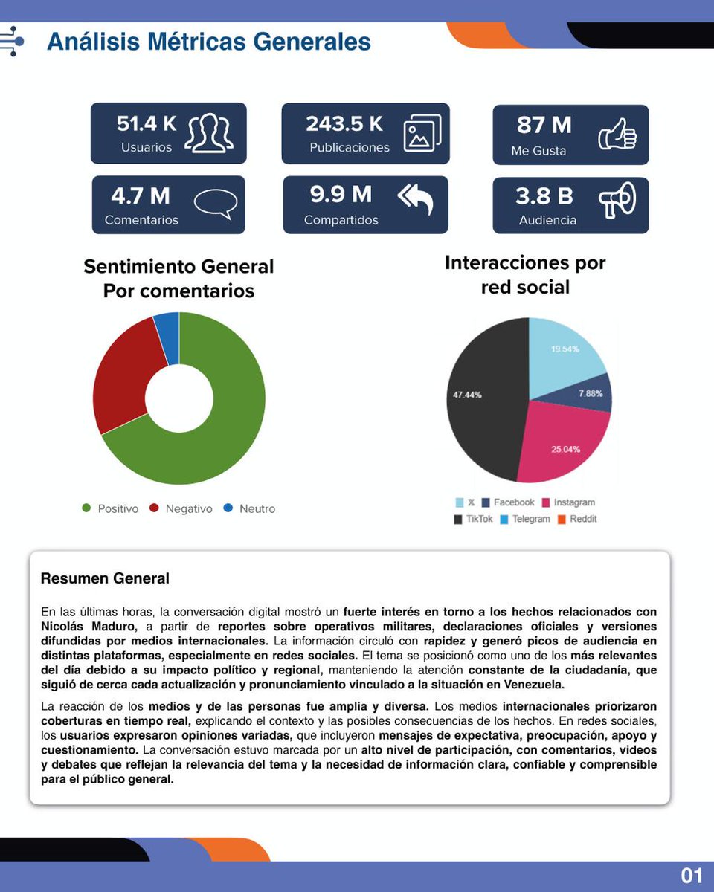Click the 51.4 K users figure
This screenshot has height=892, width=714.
click(x=147, y=123)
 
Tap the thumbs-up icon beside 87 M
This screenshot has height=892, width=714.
click(x=617, y=135)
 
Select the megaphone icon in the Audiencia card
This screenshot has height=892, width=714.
click(x=617, y=201)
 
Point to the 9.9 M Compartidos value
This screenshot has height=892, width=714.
click(x=341, y=195)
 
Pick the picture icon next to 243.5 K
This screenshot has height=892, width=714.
click(x=422, y=134)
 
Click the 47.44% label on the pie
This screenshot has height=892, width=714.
click(x=467, y=395)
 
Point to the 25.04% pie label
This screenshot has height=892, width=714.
click(x=565, y=450)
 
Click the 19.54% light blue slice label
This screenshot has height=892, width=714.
click(x=565, y=349)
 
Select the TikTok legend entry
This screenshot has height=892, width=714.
click(x=474, y=519)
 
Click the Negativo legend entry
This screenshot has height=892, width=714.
click(x=181, y=509)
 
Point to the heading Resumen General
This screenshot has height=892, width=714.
click(x=105, y=578)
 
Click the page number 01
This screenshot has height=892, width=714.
click(x=692, y=876)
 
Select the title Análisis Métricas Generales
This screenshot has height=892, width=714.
click(x=209, y=41)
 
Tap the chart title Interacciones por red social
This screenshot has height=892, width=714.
click(x=525, y=275)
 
